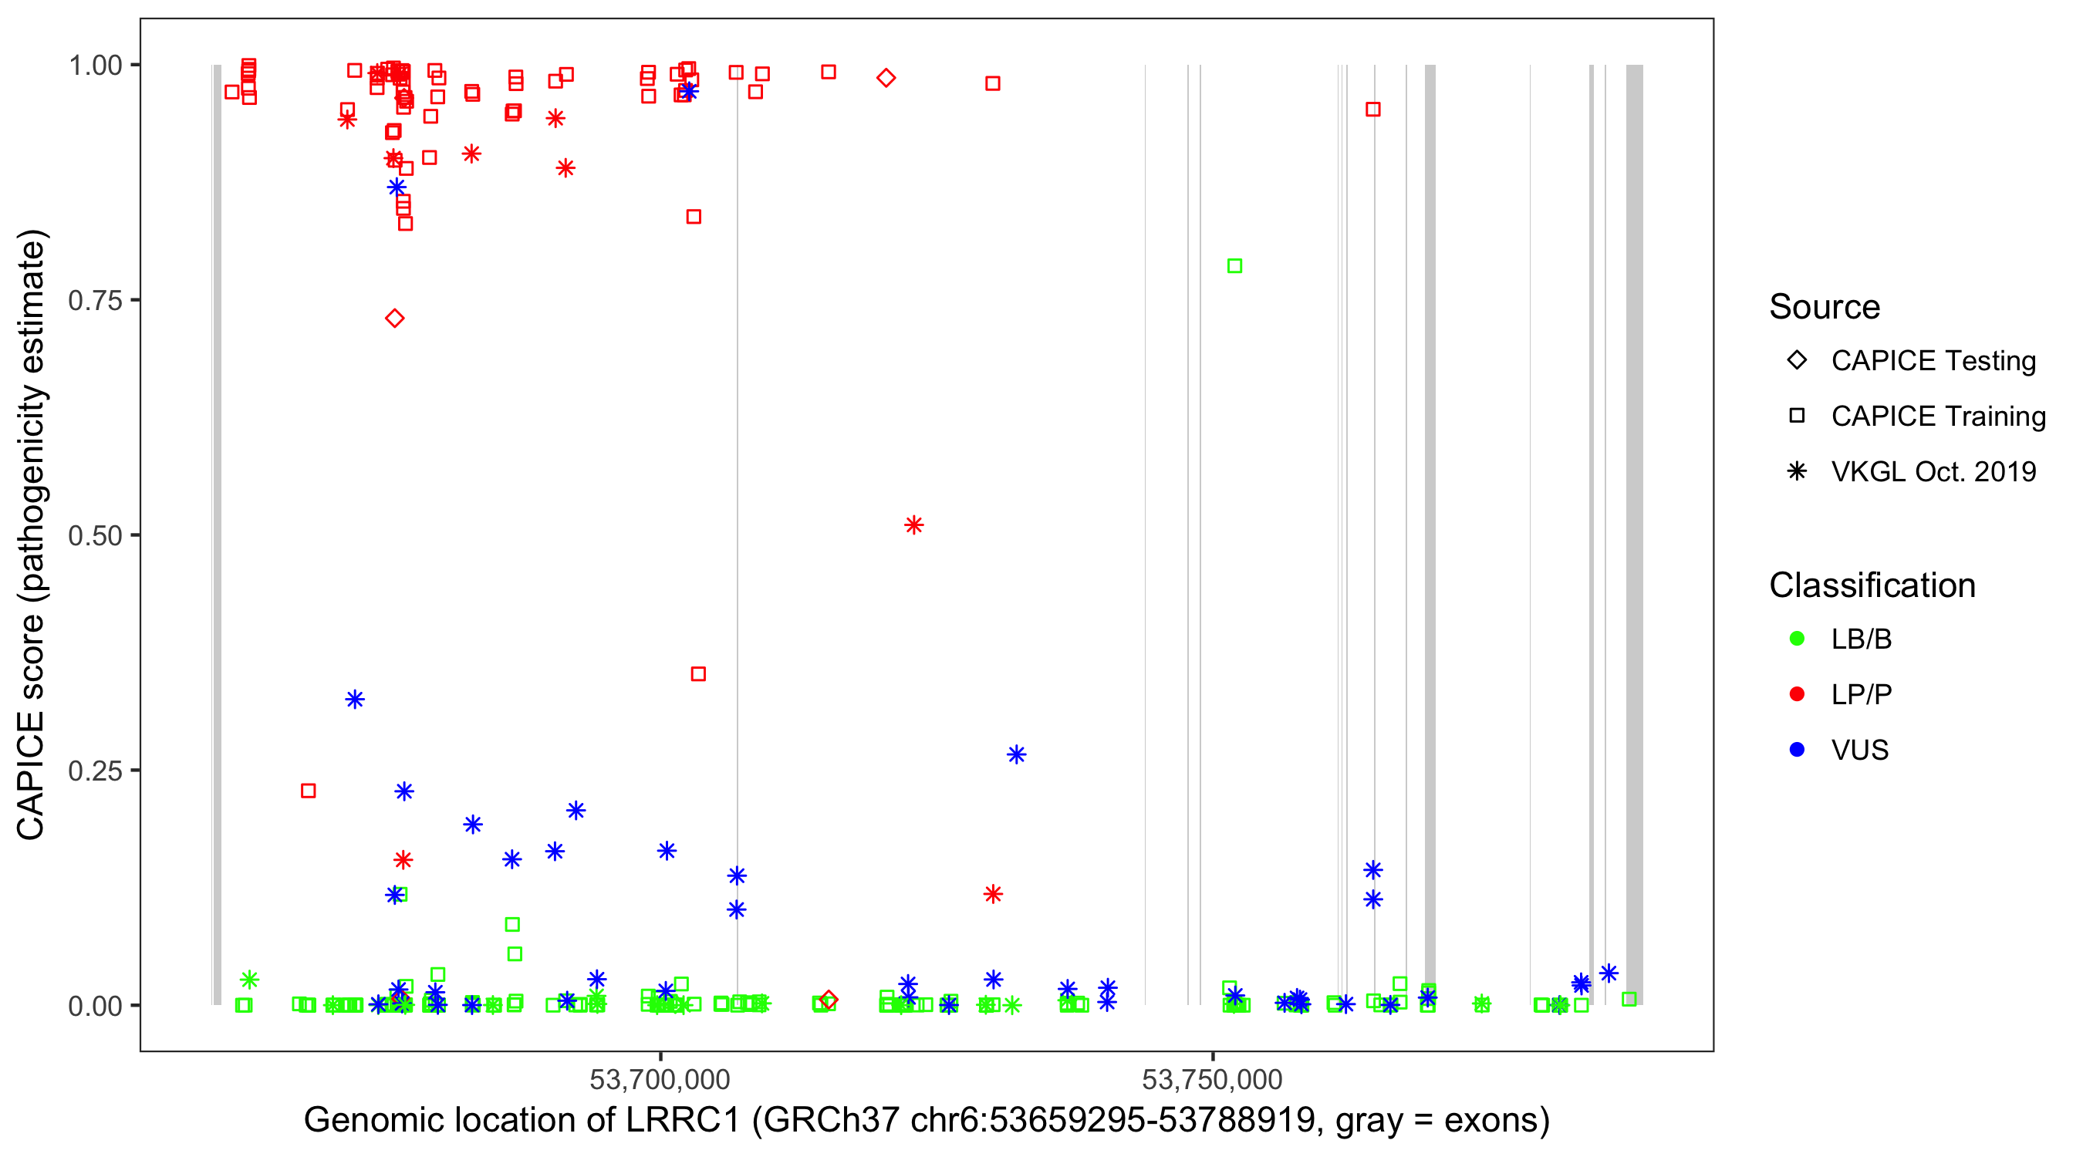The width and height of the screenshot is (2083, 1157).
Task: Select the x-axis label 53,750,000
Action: tap(1211, 1078)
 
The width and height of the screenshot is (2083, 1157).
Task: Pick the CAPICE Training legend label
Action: tap(1937, 417)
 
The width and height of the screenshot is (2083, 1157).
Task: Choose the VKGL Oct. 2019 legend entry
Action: tap(1933, 472)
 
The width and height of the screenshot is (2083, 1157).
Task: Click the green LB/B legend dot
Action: tap(1797, 639)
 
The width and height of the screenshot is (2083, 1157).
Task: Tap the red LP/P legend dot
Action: tap(1797, 694)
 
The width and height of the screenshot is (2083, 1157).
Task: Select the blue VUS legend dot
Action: tap(1797, 751)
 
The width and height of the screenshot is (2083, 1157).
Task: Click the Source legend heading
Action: tap(1825, 307)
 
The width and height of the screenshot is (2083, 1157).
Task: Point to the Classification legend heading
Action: tap(1872, 585)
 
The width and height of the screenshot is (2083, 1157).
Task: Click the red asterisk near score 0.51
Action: tap(913, 525)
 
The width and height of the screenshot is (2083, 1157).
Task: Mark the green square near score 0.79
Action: tap(1234, 266)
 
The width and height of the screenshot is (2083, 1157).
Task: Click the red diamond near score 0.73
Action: tap(394, 319)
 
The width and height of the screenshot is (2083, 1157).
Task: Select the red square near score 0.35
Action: tap(699, 674)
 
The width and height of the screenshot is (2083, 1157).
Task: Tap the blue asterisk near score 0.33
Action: tap(355, 700)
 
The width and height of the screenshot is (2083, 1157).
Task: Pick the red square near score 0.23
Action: tap(308, 791)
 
